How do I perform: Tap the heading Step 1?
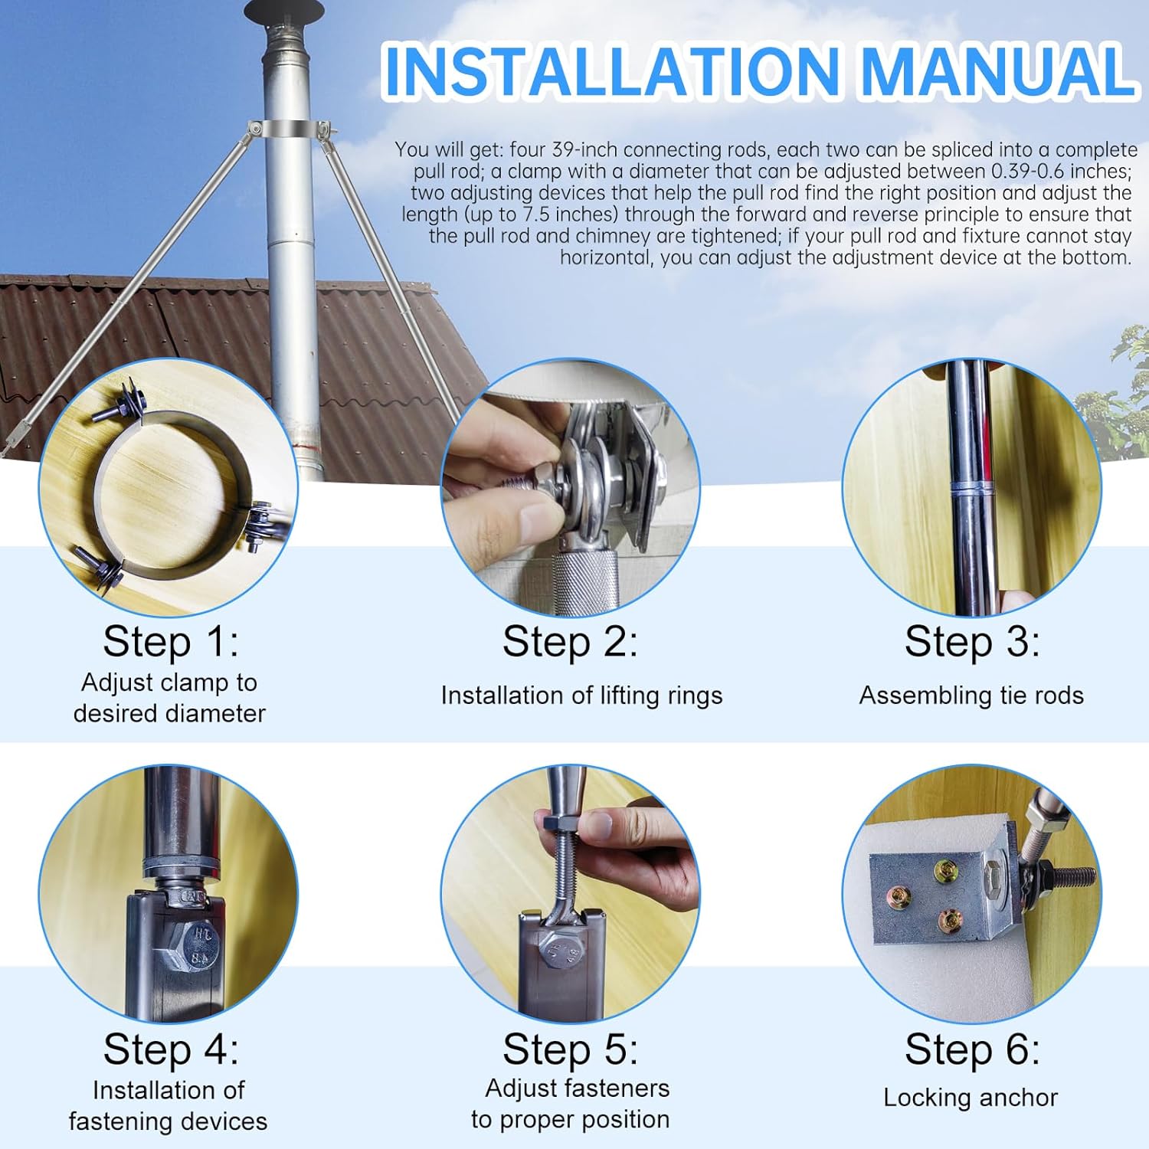(x=170, y=641)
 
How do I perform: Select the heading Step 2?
(x=570, y=641)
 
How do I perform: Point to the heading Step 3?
(x=971, y=641)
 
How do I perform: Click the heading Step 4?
(x=170, y=1049)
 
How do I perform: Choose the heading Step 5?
(x=570, y=1049)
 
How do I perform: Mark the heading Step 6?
(x=971, y=1049)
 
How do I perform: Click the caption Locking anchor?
(x=970, y=1097)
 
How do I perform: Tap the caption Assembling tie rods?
(x=971, y=695)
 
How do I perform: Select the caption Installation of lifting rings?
(x=581, y=695)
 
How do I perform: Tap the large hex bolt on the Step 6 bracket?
(x=994, y=872)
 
